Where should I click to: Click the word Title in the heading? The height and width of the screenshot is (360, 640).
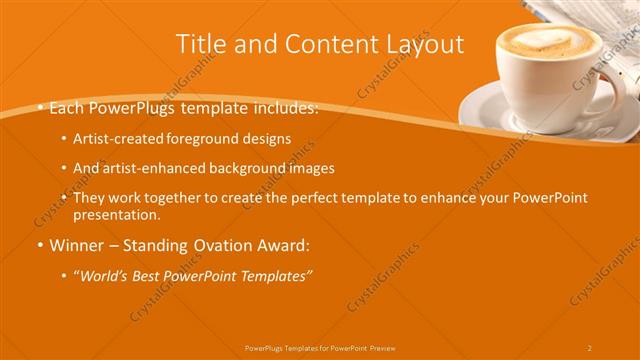coord(199,44)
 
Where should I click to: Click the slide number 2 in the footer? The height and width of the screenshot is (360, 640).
coord(589,348)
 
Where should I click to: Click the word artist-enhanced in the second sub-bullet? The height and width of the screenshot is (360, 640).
coord(154,169)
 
